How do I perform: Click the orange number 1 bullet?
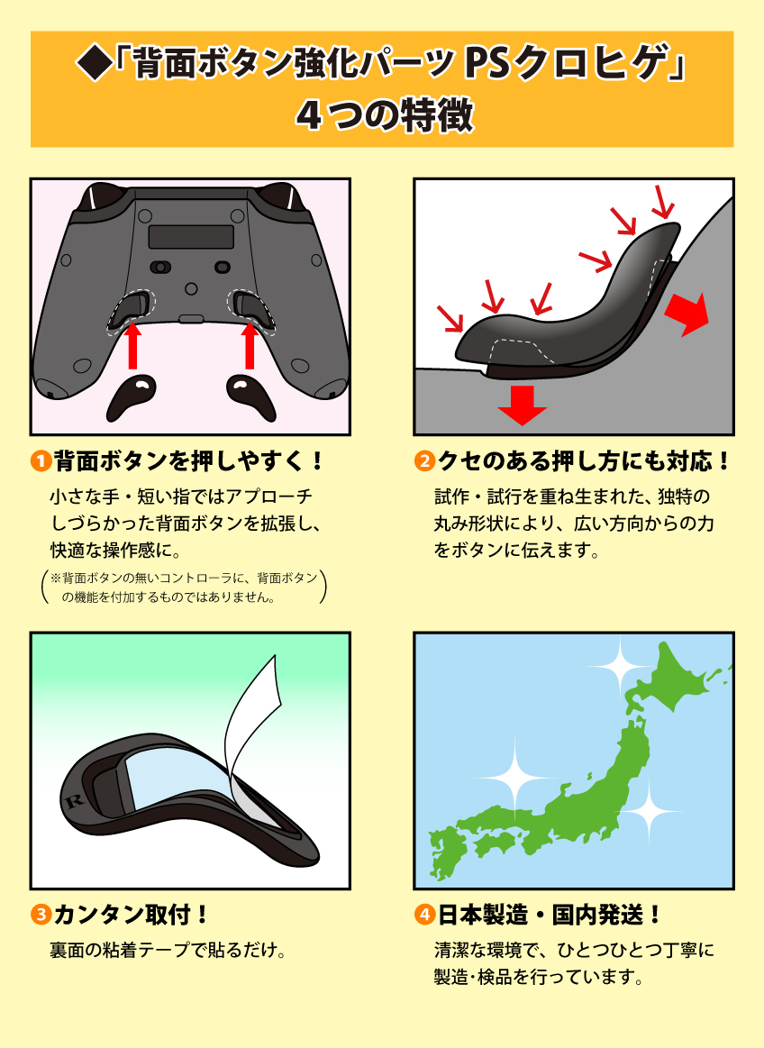click(41, 463)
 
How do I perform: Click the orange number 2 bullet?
click(424, 463)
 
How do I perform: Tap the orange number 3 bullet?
click(41, 916)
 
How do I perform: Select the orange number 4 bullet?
click(424, 916)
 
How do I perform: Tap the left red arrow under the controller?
click(132, 346)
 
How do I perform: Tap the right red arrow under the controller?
click(250, 346)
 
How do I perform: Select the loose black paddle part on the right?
click(250, 396)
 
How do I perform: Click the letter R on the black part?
click(75, 800)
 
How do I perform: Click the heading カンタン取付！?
click(132, 916)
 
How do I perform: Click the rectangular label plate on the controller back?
click(190, 236)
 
